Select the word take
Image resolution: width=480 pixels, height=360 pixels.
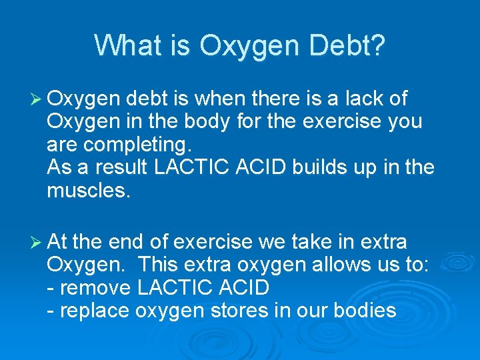[x=299, y=241]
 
